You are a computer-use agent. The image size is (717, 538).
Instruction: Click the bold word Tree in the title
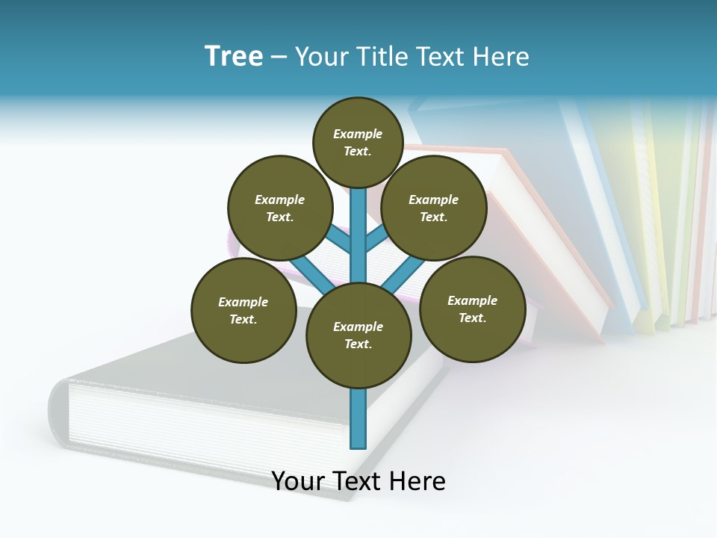[234, 57]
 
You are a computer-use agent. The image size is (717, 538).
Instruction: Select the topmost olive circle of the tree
[358, 143]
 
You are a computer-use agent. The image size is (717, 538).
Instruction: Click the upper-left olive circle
[280, 208]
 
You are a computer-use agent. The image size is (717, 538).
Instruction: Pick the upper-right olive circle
[434, 208]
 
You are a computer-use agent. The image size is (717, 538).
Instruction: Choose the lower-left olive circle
[243, 311]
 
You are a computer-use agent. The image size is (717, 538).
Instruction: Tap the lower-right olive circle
[473, 309]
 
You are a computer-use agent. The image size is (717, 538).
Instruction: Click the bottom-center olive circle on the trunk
[358, 336]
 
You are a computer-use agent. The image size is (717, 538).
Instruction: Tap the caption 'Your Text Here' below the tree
[358, 481]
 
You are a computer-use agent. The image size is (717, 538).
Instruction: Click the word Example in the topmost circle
[358, 134]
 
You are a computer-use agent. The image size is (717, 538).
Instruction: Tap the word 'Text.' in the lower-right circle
[473, 318]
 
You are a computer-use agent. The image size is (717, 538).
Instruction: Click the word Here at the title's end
[503, 57]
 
